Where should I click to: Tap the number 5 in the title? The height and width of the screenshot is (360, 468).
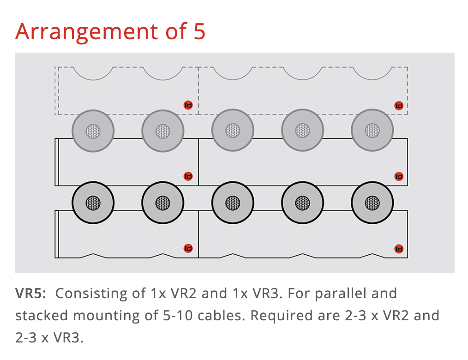199,31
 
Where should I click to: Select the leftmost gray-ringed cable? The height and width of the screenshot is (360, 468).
93,131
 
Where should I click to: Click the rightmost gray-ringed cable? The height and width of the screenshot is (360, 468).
372,131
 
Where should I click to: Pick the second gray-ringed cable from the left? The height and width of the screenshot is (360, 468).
162,131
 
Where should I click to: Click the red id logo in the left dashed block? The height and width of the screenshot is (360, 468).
188,105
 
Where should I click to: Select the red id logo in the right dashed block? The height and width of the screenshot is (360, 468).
399,106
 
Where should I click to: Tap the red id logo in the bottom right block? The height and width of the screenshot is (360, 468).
399,249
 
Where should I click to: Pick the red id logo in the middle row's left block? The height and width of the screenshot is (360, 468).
188,176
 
